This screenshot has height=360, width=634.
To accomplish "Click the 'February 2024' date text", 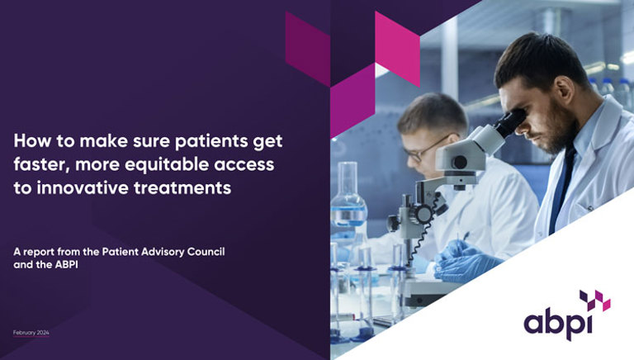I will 31,333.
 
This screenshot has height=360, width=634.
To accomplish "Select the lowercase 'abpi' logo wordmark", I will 559,320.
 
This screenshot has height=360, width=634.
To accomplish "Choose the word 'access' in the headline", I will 245,165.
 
